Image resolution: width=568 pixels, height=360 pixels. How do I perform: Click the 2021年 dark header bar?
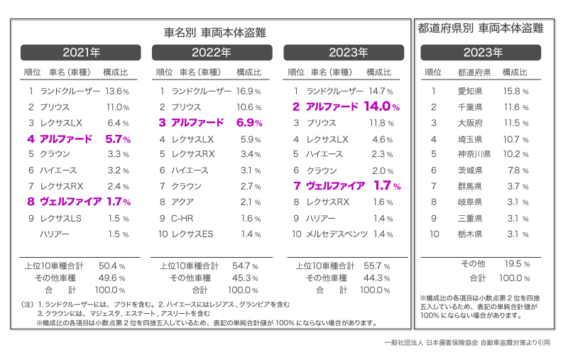[x=81, y=53]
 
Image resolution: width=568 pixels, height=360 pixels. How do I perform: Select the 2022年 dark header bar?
[x=212, y=53]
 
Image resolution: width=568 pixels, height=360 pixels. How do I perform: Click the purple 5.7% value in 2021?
[x=118, y=139]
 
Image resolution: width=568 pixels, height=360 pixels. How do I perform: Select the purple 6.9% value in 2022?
[x=249, y=123]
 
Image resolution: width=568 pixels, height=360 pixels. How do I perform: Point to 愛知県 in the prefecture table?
[x=470, y=91]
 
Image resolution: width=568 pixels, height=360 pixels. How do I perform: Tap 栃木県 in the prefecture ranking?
[x=470, y=234]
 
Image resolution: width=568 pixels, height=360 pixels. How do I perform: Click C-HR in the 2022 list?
[x=182, y=219]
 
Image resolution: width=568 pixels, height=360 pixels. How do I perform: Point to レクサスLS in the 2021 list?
[x=61, y=219]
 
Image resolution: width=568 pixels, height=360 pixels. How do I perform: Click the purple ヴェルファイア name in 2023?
[x=335, y=186]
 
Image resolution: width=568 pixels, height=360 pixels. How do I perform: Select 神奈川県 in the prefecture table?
[x=474, y=154]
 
